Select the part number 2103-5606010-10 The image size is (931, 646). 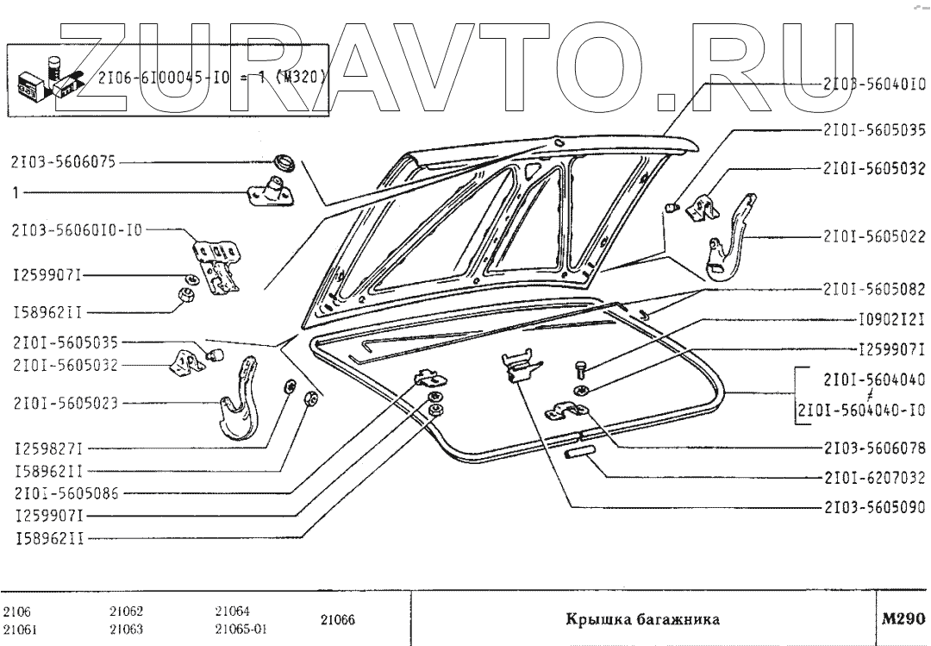77,231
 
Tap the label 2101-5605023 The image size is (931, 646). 66,403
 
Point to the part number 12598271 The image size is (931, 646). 48,449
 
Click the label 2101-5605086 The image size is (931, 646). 66,494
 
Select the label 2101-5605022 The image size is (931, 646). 872,235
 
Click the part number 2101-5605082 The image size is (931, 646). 872,290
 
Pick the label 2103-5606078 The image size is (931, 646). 872,448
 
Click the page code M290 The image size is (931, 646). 903,618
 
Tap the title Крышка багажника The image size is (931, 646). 641,619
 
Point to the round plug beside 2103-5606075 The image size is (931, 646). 282,161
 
